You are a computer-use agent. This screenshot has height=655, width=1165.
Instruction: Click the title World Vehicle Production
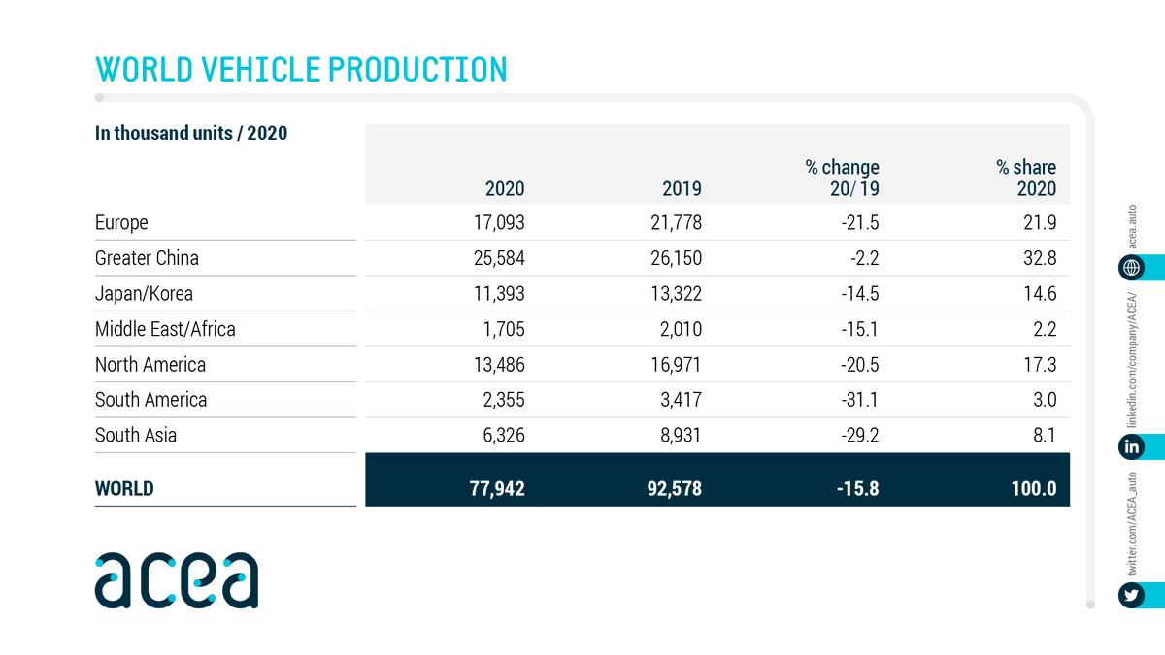(x=301, y=70)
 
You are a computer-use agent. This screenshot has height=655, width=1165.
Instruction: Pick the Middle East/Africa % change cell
(x=859, y=329)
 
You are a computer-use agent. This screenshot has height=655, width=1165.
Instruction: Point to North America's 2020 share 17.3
(x=1038, y=365)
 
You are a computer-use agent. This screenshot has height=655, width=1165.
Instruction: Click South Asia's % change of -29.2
(x=858, y=435)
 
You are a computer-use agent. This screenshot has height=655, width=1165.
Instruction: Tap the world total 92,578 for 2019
(x=670, y=488)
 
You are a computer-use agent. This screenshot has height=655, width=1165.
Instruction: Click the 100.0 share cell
(x=1031, y=488)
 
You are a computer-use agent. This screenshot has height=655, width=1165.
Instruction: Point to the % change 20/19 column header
(x=842, y=179)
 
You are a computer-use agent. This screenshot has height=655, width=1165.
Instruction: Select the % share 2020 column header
(x=1026, y=179)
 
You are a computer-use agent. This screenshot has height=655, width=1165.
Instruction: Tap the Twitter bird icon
(x=1131, y=595)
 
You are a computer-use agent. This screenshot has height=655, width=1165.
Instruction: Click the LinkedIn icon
(x=1131, y=446)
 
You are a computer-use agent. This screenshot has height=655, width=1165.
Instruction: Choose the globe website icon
(x=1131, y=268)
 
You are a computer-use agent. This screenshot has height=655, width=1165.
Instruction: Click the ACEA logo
(x=177, y=579)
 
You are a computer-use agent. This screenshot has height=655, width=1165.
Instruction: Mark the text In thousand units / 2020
(x=191, y=134)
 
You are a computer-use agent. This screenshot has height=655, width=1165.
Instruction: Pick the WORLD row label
(x=124, y=488)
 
